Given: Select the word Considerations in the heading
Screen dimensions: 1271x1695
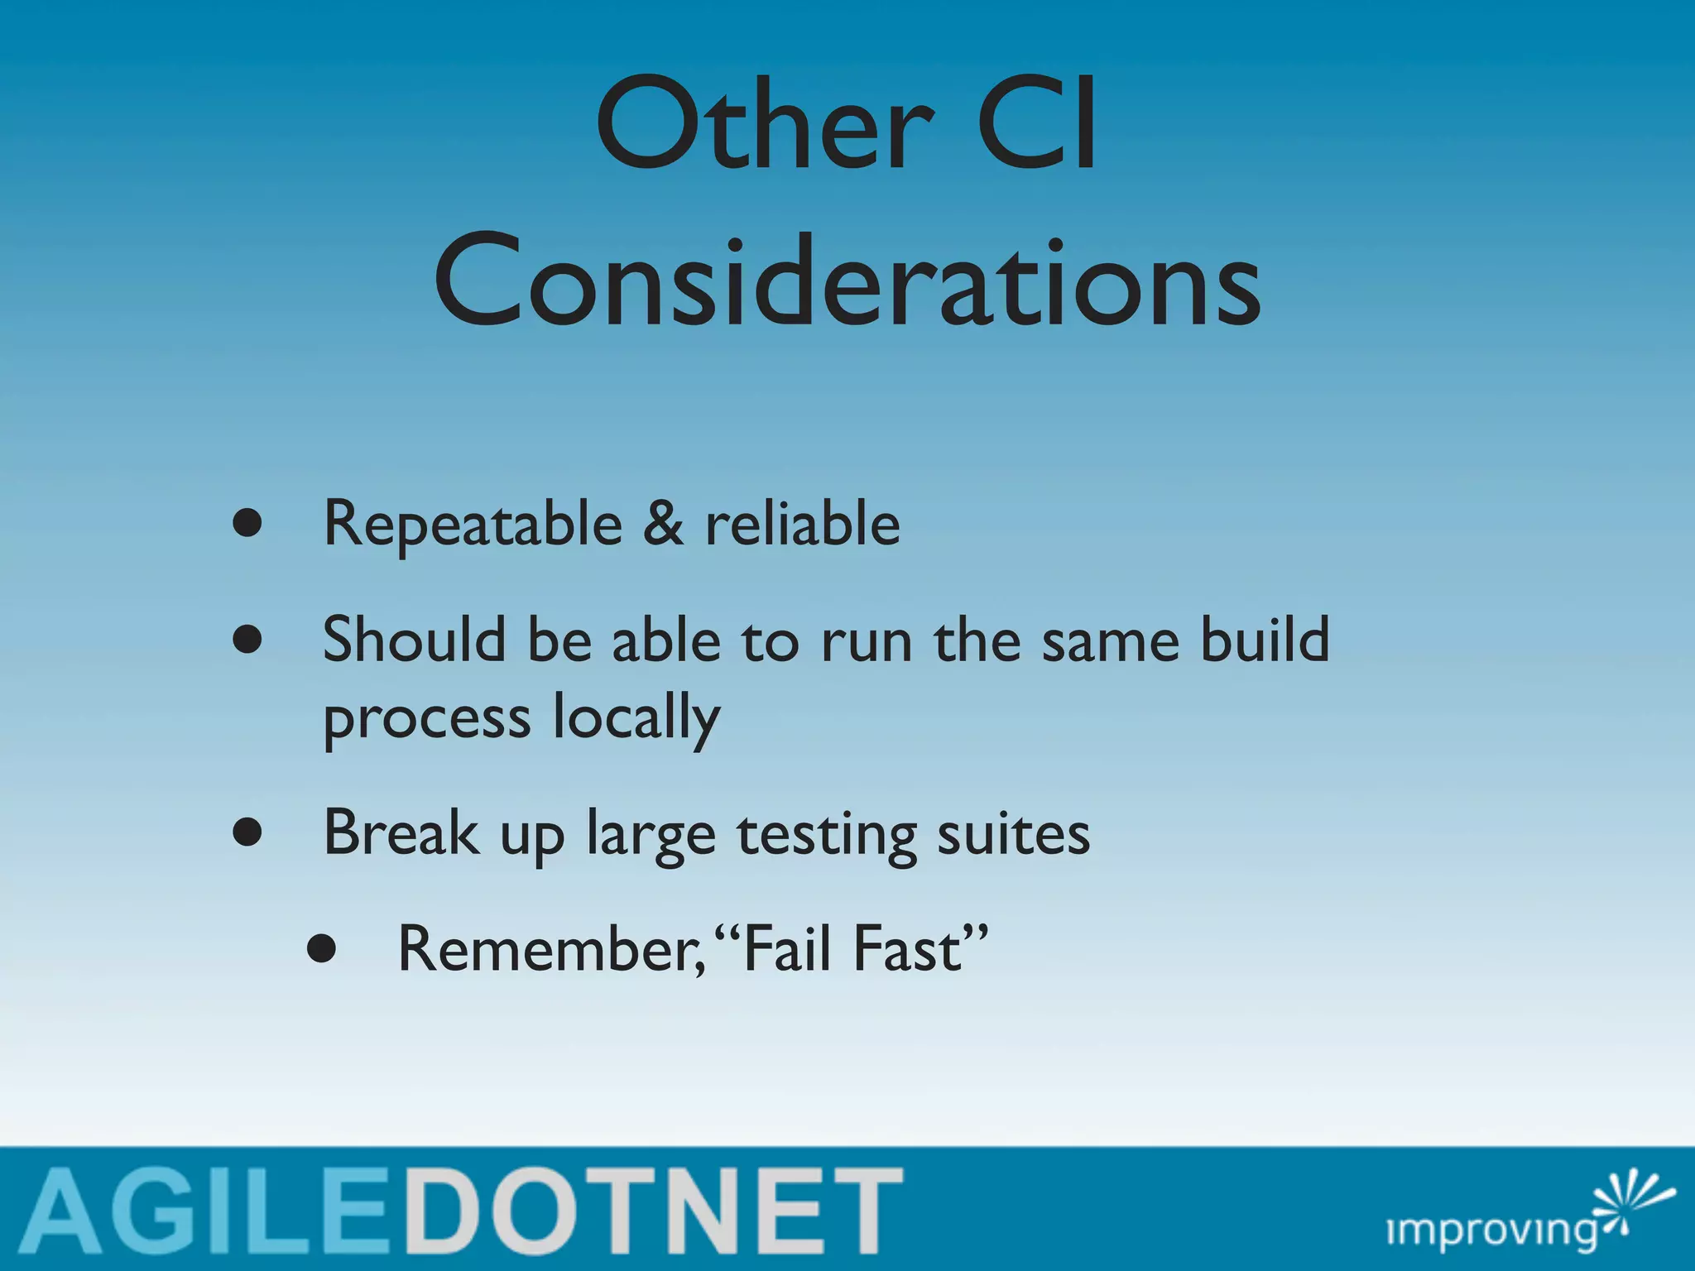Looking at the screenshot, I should pyautogui.click(x=847, y=281).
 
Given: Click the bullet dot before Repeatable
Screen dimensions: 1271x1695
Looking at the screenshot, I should pyautogui.click(x=247, y=524).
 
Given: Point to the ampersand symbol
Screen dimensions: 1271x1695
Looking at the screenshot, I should pyautogui.click(x=663, y=524).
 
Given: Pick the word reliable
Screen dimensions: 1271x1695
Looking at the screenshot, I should pyautogui.click(x=802, y=524).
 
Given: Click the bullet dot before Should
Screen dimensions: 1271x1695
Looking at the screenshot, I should pyautogui.click(x=247, y=640).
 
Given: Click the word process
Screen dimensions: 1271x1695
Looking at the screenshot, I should pyautogui.click(x=426, y=718).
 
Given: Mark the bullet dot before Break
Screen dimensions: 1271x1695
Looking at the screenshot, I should pyautogui.click(x=247, y=832).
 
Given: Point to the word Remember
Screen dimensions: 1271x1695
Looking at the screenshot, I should pyautogui.click(x=550, y=950).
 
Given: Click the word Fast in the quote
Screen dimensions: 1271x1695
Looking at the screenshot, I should pyautogui.click(x=907, y=950).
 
